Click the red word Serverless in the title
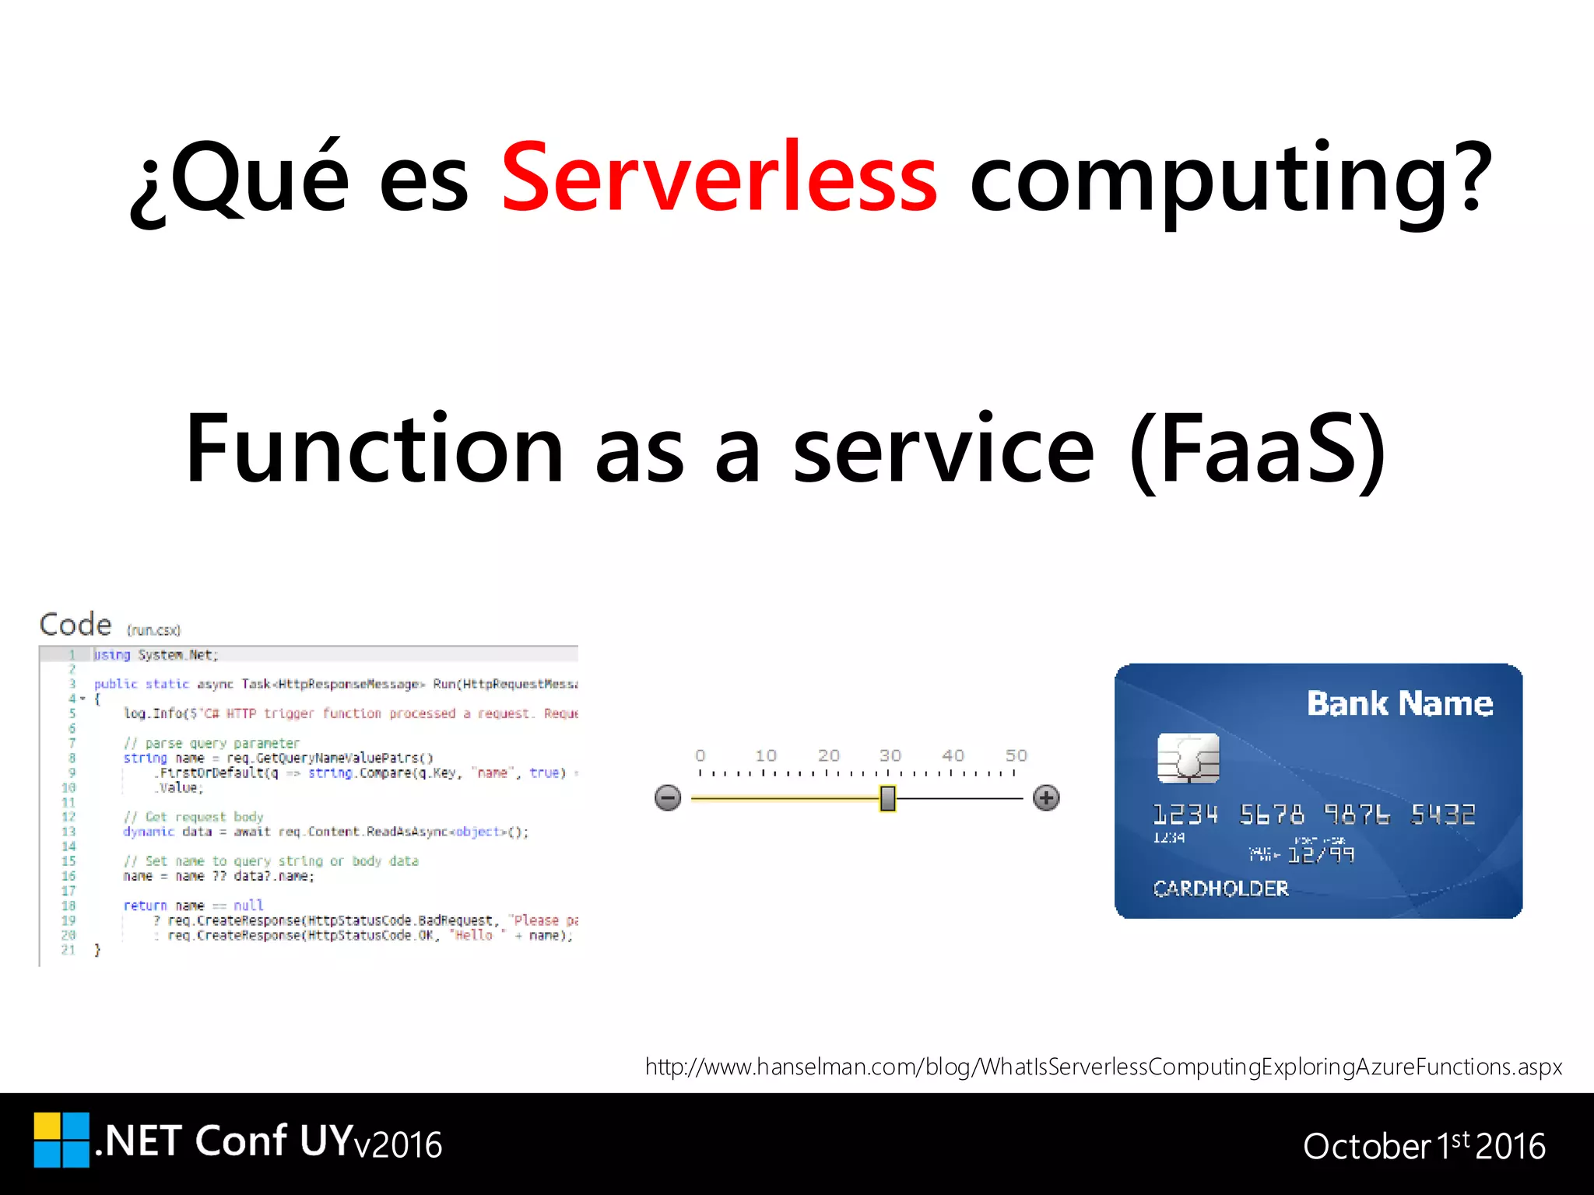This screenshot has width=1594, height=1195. pos(719,177)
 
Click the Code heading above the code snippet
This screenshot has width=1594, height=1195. pos(75,625)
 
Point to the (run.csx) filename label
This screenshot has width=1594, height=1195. pos(154,630)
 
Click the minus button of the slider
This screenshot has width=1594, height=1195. pos(668,797)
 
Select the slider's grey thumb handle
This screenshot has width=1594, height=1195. pos(887,798)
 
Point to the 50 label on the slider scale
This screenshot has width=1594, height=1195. pos(1016,755)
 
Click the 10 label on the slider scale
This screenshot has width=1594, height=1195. pos(766,755)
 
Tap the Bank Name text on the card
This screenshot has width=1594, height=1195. pos(1399,703)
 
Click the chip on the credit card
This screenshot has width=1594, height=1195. pos(1188,758)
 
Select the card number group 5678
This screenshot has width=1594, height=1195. pos(1272,815)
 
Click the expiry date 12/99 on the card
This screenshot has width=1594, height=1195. pos(1322,855)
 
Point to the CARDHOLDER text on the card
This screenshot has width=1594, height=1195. pos(1220,888)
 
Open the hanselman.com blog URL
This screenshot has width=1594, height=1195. pos(1103,1067)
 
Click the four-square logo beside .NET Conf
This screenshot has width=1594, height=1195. pos(61,1140)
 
